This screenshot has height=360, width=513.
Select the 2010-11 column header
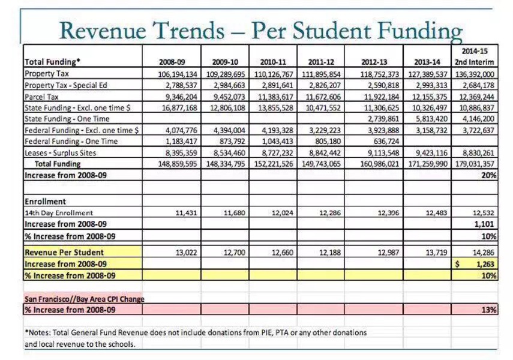pyautogui.click(x=273, y=62)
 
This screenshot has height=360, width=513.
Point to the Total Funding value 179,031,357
pyautogui.click(x=474, y=164)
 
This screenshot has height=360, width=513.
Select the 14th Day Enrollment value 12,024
pyautogui.click(x=281, y=212)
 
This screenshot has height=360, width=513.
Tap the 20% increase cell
pyautogui.click(x=488, y=175)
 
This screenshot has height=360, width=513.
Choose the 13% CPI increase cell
pyautogui.click(x=488, y=310)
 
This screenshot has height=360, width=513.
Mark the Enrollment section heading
pyautogui.click(x=45, y=202)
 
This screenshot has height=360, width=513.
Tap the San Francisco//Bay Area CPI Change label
pyautogui.click(x=84, y=299)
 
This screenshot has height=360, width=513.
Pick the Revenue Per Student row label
pyautogui.click(x=64, y=253)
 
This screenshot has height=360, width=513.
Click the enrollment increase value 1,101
pyautogui.click(x=485, y=224)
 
